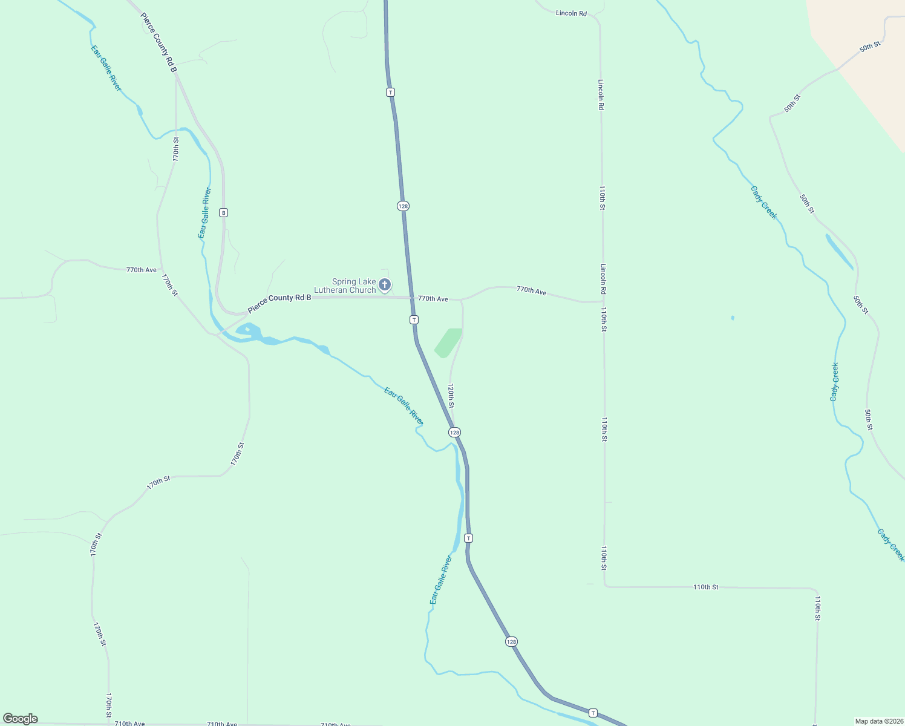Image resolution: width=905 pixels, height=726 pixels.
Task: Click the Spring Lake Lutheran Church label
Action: point(353,286)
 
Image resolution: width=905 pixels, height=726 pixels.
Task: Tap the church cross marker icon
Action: point(385,284)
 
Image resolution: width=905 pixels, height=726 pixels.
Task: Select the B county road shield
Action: point(224,212)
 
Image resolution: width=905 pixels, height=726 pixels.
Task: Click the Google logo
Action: point(20,719)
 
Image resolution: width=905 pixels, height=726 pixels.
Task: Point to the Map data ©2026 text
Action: point(878,721)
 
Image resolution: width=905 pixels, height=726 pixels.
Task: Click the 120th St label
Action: point(451,395)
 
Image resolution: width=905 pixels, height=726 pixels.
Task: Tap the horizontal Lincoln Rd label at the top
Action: point(571,13)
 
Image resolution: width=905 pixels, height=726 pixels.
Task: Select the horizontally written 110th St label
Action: point(705,587)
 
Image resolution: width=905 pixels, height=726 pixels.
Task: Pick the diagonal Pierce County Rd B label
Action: point(158,43)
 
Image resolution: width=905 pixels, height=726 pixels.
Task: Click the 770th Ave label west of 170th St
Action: point(142,270)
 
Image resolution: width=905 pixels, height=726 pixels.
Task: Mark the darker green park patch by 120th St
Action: point(448,342)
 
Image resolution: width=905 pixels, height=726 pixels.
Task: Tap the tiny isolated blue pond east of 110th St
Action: point(733,318)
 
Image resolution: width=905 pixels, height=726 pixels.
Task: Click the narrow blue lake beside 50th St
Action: point(839,251)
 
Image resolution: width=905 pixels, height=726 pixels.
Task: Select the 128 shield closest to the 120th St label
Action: point(455,432)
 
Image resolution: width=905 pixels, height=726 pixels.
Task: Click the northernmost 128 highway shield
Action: point(403,206)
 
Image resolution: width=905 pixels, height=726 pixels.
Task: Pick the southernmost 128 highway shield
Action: point(512,641)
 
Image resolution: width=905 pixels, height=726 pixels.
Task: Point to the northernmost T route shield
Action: point(391,92)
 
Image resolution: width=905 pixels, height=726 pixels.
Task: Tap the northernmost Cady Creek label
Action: point(763,203)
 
